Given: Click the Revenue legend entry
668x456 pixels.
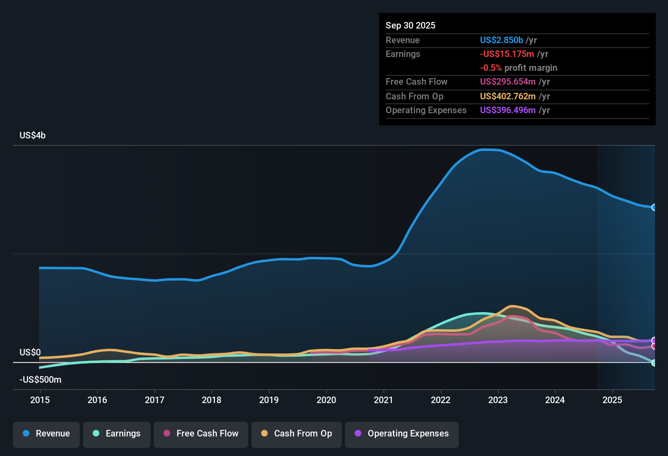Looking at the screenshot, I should click(46, 434).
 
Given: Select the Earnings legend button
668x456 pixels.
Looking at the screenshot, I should click(117, 434).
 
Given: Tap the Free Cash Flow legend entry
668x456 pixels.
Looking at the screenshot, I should click(201, 434).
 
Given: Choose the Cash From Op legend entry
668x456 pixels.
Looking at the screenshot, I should click(297, 434).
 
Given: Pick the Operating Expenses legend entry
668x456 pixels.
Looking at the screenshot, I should click(402, 434).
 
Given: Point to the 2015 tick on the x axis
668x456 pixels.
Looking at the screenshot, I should click(40, 400).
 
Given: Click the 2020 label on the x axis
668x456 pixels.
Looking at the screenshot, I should click(326, 400).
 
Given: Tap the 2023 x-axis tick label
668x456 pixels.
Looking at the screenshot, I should click(498, 400).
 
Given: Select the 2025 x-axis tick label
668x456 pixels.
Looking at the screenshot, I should click(612, 400).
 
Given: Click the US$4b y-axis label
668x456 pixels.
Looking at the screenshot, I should click(33, 136).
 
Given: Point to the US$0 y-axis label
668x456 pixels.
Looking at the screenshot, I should click(30, 352).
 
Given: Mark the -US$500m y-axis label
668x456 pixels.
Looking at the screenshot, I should click(40, 380).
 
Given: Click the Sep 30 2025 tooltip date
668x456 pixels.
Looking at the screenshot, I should click(410, 25).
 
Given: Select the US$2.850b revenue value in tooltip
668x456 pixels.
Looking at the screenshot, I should click(501, 40).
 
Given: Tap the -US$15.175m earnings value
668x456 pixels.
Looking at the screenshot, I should click(507, 54).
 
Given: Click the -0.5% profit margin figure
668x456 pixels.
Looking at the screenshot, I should click(491, 68).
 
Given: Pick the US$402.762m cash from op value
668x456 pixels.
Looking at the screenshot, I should click(508, 96).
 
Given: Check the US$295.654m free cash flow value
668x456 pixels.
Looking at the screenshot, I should click(508, 81).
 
